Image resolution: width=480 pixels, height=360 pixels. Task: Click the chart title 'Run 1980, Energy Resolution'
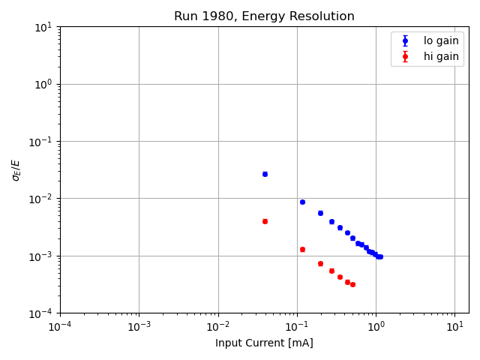coord(264,16)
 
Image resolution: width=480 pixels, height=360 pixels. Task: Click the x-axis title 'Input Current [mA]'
coord(264,343)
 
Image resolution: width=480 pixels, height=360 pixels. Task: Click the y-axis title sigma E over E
coord(16,169)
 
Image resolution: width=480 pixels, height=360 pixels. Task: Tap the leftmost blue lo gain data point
coord(265,174)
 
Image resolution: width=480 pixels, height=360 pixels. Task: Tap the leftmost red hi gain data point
coord(265,221)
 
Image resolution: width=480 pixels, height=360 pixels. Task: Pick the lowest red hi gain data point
coord(352,284)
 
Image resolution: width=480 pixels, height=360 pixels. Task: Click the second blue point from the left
coord(302,202)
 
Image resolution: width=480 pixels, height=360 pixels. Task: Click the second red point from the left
coord(302,249)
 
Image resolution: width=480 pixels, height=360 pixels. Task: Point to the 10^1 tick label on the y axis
coord(43,27)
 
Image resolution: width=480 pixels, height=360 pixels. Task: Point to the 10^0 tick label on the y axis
coord(43,84)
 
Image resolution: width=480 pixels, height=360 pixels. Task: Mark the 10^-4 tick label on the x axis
coord(60,327)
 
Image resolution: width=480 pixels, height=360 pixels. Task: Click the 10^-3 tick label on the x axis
coord(139,327)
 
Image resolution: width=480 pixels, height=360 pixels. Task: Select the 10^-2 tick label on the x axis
coord(218,327)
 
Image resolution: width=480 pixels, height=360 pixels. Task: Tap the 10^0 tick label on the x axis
coord(376,327)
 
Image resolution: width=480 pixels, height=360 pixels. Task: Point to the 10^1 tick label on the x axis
coord(454,327)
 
